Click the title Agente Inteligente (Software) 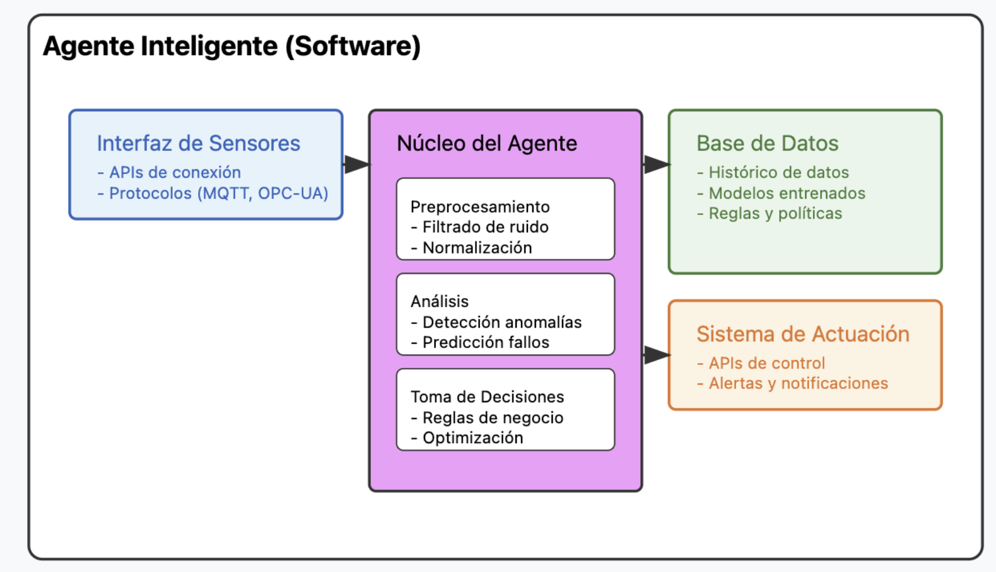point(232,46)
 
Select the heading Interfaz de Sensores point(198,143)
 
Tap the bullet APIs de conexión point(169,172)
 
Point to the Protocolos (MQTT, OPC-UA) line point(213,193)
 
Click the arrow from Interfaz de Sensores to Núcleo point(356,164)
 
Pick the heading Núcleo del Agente point(487,143)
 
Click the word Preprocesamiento point(480,207)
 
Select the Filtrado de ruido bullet point(480,227)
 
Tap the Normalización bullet point(472,248)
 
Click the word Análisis point(440,301)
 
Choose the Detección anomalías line point(496,322)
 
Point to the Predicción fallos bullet point(480,343)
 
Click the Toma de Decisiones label point(487,397)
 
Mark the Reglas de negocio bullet point(487,418)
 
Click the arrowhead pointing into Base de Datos point(657,164)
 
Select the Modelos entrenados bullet point(781,193)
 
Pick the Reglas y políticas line point(770,213)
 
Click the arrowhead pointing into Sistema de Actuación point(657,355)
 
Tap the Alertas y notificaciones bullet point(792,383)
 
